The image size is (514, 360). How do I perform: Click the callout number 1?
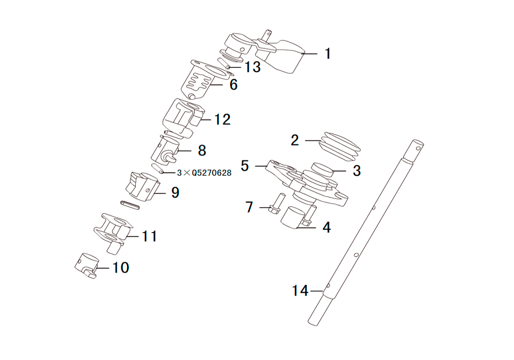[327, 54]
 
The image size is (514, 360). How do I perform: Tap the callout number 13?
[252, 67]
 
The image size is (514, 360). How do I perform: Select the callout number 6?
[233, 84]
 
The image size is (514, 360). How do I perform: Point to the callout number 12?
[223, 120]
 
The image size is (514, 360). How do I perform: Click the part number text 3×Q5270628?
[204, 173]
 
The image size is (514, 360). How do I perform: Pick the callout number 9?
[175, 193]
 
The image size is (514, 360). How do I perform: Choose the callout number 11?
[149, 236]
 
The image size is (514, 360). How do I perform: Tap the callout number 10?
[121, 267]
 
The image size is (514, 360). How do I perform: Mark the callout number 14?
[300, 291]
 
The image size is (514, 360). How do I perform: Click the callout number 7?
[249, 207]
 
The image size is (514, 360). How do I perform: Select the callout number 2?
[295, 140]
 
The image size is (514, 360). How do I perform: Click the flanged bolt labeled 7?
[274, 204]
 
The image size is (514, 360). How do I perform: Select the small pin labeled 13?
[224, 63]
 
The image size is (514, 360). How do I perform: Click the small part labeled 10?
[87, 265]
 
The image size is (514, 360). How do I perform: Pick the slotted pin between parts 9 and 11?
[130, 205]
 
